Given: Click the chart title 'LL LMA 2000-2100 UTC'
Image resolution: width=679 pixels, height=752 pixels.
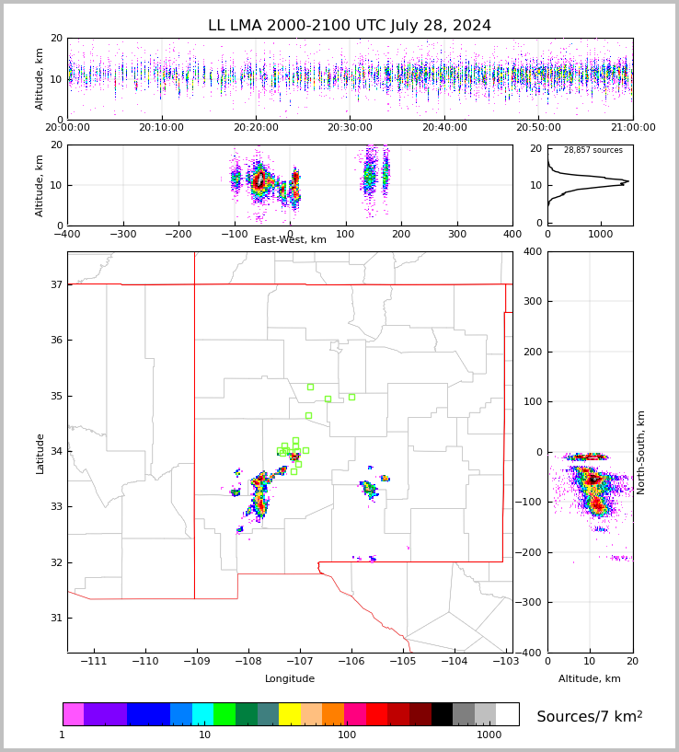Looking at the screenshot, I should [x=350, y=26].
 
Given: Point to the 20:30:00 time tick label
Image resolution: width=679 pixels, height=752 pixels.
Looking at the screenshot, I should [x=350, y=128].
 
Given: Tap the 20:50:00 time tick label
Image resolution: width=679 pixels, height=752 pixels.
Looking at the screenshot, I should [x=538, y=128].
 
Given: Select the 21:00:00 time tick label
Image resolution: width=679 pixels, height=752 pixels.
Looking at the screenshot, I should [x=632, y=128].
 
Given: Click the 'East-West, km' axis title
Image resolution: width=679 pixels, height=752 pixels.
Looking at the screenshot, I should [x=290, y=240].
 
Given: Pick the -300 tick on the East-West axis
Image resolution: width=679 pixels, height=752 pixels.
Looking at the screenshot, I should [x=122, y=235].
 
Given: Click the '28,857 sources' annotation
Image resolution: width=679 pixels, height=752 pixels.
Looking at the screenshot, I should [x=593, y=151].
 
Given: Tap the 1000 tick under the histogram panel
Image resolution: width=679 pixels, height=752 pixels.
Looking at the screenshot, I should [x=600, y=235].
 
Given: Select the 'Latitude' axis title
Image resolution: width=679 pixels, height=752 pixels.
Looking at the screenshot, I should [x=40, y=453].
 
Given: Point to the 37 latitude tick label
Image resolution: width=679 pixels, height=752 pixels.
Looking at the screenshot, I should [x=55, y=285].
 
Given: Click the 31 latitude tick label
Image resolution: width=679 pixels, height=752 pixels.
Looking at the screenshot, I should [x=55, y=618].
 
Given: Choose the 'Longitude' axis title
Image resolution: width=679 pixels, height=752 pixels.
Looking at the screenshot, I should [x=290, y=679].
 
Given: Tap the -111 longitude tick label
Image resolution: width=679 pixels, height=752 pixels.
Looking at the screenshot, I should [x=93, y=662].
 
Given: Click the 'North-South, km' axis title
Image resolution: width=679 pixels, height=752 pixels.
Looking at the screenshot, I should [x=641, y=452].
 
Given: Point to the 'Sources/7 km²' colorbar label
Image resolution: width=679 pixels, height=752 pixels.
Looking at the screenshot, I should [x=590, y=717].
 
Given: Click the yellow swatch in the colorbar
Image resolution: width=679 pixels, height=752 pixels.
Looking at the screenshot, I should [x=290, y=714].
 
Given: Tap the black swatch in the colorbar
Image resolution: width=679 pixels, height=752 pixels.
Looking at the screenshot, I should [x=442, y=714].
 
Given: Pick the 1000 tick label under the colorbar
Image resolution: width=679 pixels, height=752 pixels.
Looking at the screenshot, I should [x=489, y=735].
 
